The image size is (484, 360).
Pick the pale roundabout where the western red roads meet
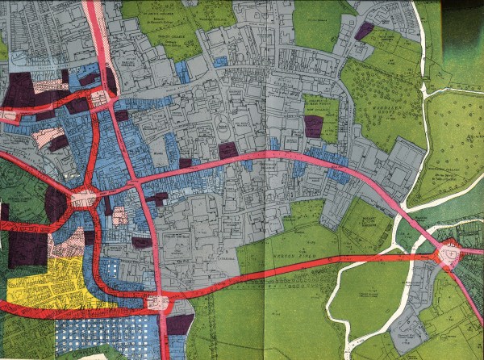click(82, 197)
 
